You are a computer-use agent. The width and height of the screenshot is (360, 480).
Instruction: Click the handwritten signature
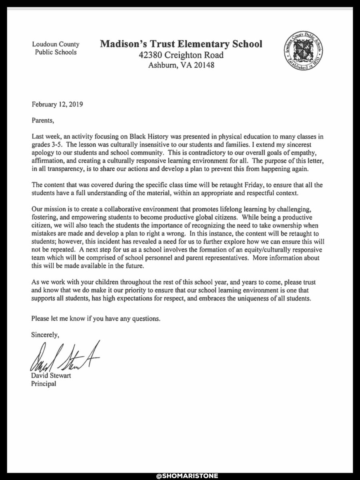(64, 359)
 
